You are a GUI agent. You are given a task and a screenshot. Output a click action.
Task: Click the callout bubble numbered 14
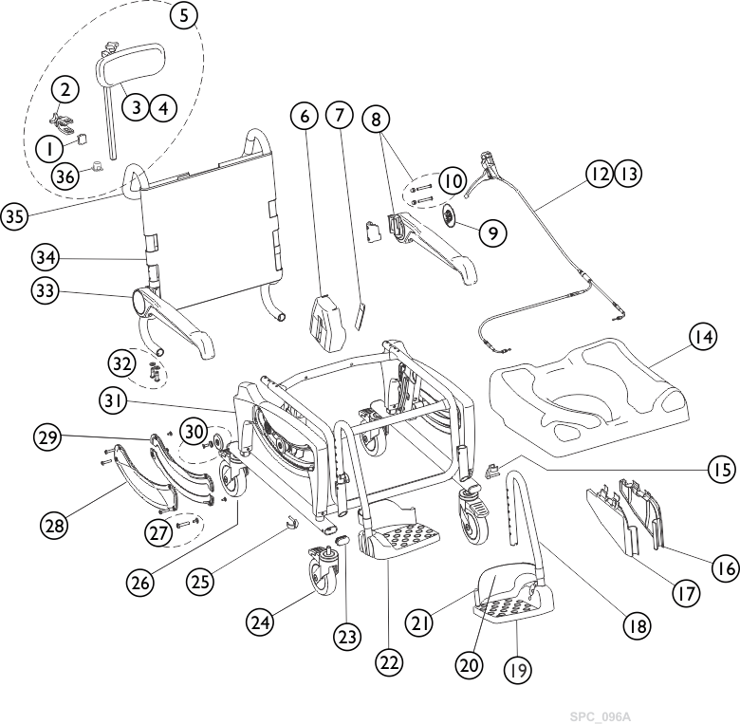click(x=703, y=337)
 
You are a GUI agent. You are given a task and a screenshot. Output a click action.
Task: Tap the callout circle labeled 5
click(x=184, y=16)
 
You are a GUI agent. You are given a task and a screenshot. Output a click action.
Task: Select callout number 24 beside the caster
click(x=260, y=622)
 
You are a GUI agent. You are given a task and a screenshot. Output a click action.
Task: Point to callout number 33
click(x=45, y=291)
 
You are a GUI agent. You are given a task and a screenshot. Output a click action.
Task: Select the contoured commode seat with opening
click(x=588, y=389)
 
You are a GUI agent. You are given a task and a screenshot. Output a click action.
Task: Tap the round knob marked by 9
click(x=449, y=218)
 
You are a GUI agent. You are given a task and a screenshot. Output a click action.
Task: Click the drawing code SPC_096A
click(x=600, y=716)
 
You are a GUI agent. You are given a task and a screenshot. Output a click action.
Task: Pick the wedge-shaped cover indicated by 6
click(x=325, y=324)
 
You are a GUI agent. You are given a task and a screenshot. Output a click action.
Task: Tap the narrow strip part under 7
click(x=361, y=315)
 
